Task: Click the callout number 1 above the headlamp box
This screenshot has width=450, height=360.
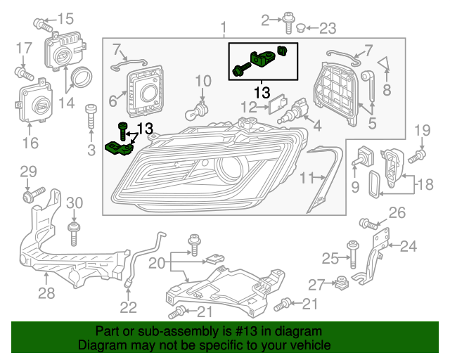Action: click(x=224, y=29)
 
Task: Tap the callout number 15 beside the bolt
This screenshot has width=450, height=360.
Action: click(x=65, y=19)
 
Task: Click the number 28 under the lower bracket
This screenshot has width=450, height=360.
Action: click(x=46, y=293)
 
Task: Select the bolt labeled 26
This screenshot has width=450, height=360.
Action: click(x=367, y=224)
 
